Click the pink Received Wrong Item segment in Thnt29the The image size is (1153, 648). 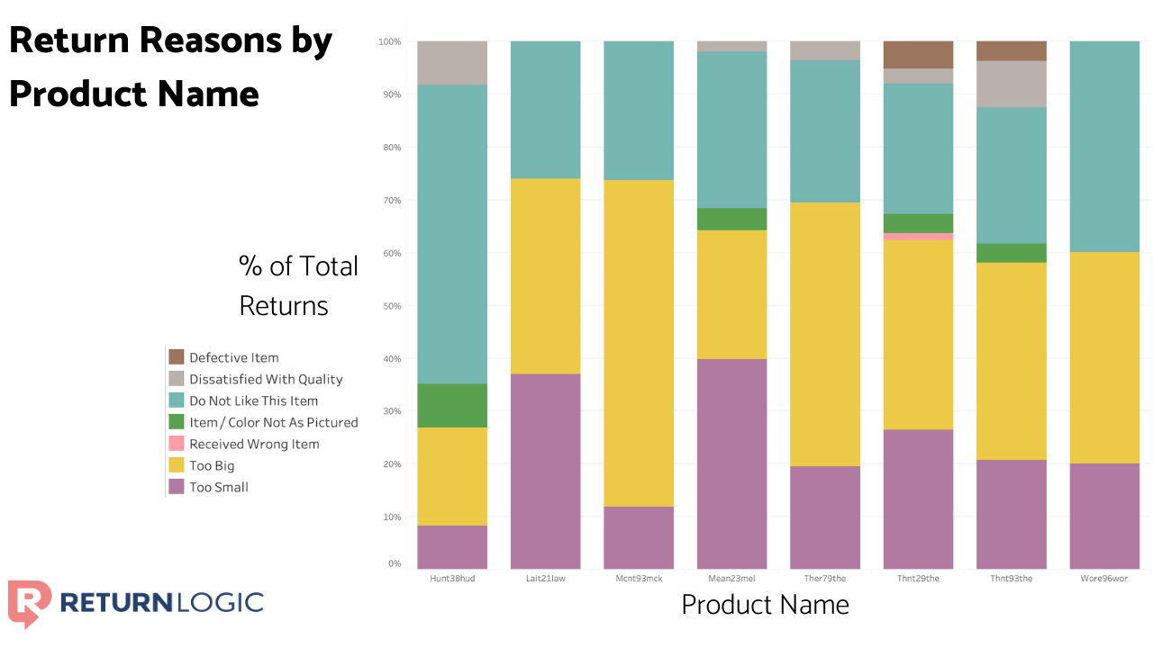tap(918, 237)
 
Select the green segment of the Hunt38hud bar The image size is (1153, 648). tap(452, 405)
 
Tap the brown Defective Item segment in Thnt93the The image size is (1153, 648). tap(1012, 51)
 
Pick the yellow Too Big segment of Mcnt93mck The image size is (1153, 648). tap(639, 343)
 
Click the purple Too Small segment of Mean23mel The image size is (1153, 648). tap(731, 463)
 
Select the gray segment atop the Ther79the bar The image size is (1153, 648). tap(825, 50)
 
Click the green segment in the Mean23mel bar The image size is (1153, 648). tap(731, 219)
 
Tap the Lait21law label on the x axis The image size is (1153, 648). tap(546, 579)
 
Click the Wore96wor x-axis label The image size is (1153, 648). tap(1104, 579)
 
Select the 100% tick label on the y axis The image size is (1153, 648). tap(389, 42)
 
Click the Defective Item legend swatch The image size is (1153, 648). tap(177, 357)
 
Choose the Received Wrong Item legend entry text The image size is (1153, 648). tap(254, 444)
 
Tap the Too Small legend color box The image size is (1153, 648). tap(177, 487)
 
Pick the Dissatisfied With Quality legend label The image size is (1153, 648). tap(266, 379)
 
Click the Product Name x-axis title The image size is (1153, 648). tap(765, 604)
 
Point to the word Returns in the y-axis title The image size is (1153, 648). tap(284, 306)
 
